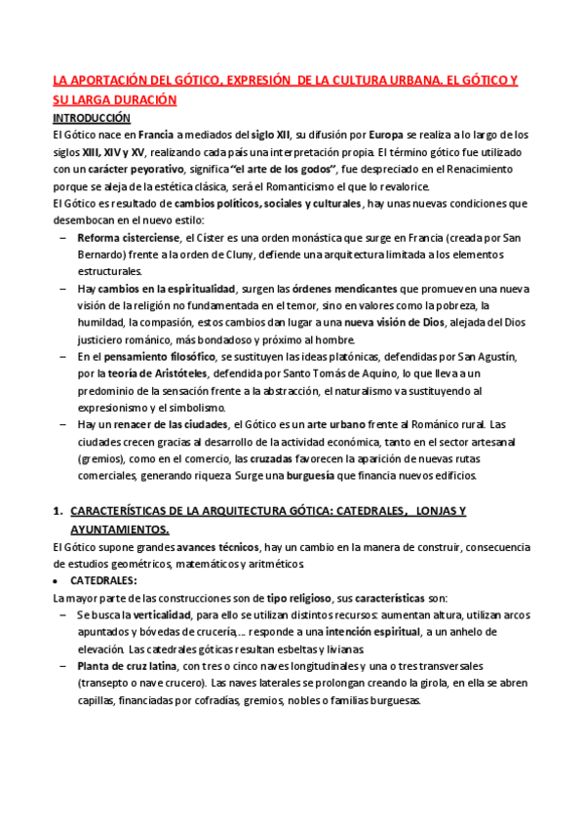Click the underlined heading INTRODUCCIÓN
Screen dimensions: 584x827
pos(91,117)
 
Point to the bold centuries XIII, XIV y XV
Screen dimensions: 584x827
pos(108,152)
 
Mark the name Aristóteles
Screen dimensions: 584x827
pos(170,374)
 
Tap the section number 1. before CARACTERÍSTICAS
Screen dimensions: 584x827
pos(58,511)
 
